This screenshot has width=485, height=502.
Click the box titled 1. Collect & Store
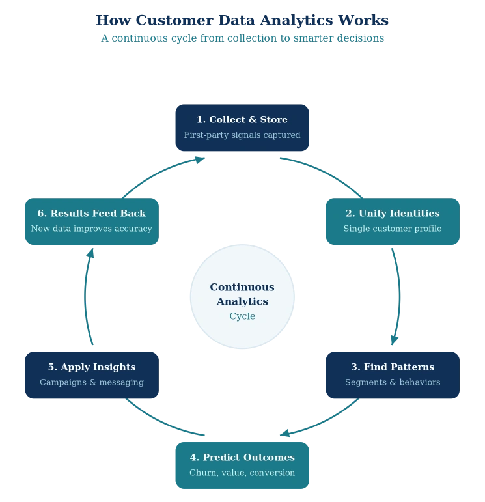point(242,128)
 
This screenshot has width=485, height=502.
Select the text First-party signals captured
point(242,135)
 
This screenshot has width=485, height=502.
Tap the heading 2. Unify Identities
point(393,214)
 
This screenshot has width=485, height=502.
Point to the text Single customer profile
point(393,229)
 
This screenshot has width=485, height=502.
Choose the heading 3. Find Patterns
point(393,367)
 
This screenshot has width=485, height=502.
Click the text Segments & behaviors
point(393,382)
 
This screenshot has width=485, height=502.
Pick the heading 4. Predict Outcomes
point(242,458)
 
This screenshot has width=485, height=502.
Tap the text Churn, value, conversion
point(242,473)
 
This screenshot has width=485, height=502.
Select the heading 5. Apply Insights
point(92,367)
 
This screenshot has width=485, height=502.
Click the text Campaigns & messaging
point(92,382)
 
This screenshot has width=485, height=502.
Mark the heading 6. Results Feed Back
point(92,214)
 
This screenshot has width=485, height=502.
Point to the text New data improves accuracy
point(92,229)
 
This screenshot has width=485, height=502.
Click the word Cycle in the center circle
point(242,316)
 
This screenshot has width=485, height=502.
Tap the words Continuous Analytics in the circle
point(242,294)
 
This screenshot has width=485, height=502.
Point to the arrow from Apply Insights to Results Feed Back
point(86,297)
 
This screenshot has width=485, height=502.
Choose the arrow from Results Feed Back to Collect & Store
point(159,173)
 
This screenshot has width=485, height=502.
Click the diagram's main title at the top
point(242,20)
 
